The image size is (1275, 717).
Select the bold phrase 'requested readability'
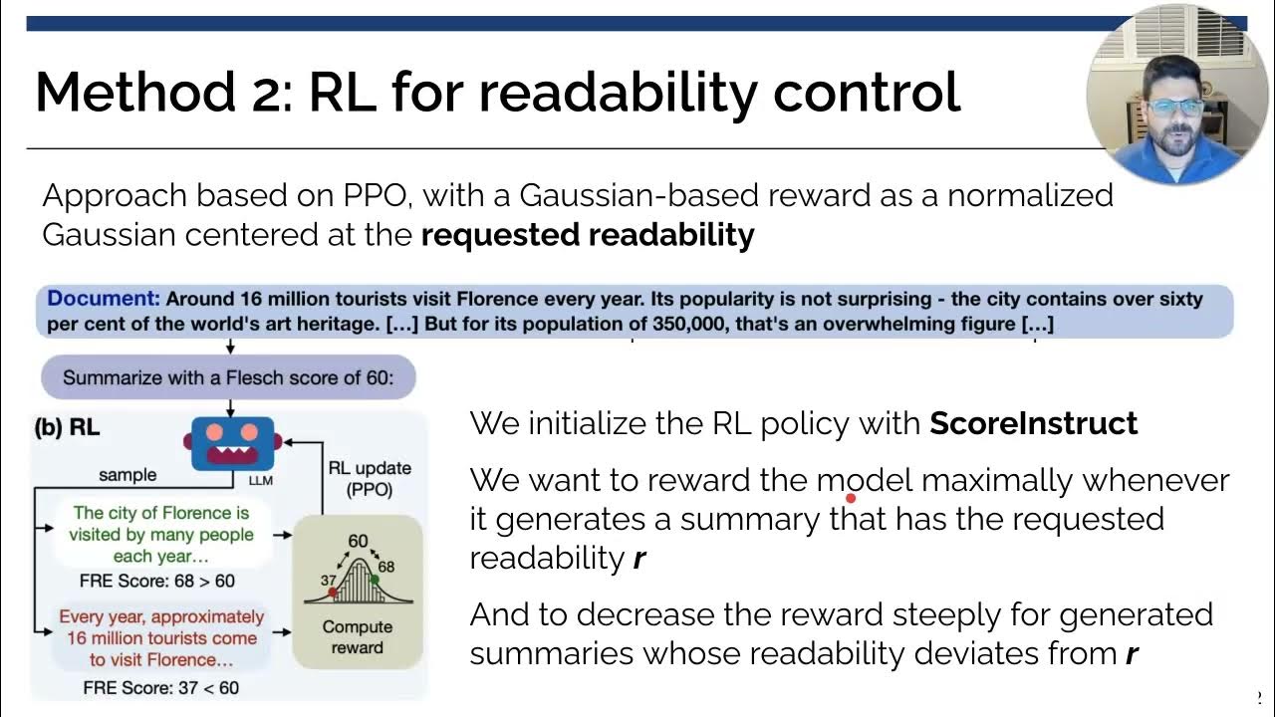coord(588,235)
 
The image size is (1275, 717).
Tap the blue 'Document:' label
coord(104,299)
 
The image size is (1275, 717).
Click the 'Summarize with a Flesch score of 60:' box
coord(228,377)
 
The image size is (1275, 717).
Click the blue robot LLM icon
coord(231,441)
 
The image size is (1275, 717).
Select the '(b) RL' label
coord(68,429)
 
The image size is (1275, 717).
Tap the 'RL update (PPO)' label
coord(370,477)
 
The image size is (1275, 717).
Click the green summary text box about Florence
coord(160,535)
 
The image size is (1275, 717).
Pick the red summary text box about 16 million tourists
coord(160,638)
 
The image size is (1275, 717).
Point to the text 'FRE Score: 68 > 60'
coord(156,581)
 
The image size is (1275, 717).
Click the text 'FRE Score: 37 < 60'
coord(160,687)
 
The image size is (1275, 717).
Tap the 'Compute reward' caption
coord(357,637)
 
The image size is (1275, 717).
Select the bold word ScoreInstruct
coord(1033,423)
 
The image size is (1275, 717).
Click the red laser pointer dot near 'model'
coord(852,497)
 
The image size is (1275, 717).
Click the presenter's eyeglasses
coord(1175,106)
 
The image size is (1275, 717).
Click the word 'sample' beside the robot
coord(127,475)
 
